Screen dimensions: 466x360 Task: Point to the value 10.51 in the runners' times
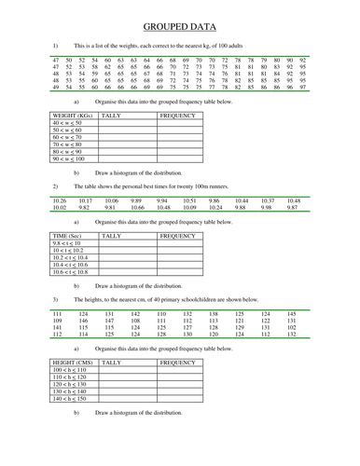[x=189, y=200]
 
